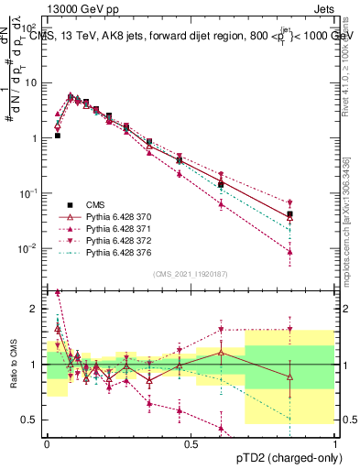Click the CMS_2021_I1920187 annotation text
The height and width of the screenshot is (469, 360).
tap(191, 274)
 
